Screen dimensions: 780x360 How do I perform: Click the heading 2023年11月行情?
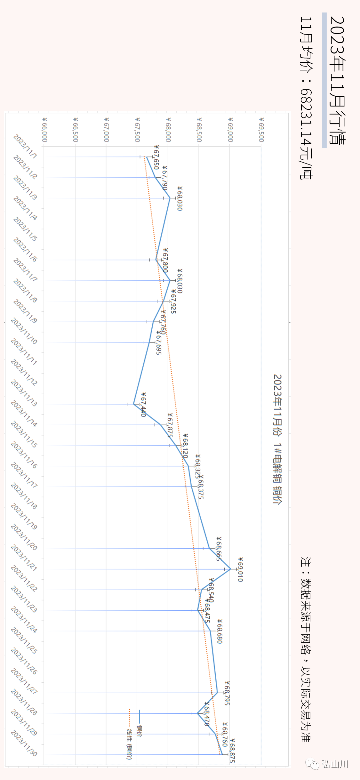tap(337, 80)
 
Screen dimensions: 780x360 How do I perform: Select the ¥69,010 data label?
tap(240, 569)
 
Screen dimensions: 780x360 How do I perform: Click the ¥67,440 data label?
tap(143, 405)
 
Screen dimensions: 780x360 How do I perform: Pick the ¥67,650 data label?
tap(156, 157)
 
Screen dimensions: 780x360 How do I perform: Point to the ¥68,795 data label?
tap(227, 693)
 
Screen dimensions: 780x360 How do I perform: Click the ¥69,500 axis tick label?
tap(261, 129)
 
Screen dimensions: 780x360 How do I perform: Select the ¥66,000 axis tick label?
tap(45, 129)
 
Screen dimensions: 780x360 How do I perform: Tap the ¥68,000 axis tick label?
tap(168, 129)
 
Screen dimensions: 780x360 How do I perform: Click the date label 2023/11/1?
tap(25, 146)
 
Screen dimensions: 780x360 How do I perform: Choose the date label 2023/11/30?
tap(24, 743)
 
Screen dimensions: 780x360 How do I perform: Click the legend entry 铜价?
tap(139, 724)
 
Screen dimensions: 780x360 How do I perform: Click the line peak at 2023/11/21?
tap(230, 569)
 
